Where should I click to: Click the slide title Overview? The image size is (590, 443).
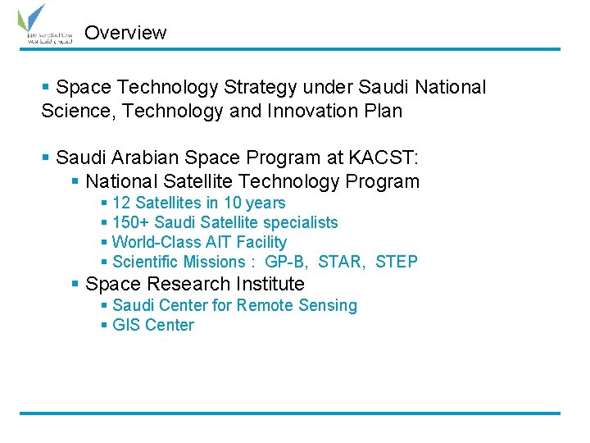point(125,33)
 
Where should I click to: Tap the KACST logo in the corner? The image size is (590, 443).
point(45,26)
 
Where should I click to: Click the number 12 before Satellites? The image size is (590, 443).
point(121,203)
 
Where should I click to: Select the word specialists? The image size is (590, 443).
point(300,222)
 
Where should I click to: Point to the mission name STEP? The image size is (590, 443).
point(397,262)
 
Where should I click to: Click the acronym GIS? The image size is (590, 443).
point(126,325)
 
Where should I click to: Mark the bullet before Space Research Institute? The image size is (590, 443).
point(75,284)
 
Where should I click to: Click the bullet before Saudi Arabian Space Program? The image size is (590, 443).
point(47,156)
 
